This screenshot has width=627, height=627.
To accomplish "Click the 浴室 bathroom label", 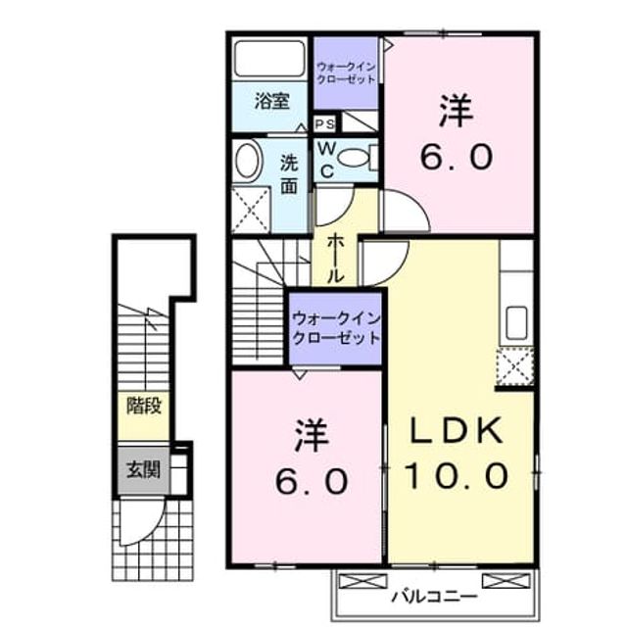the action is pos(272,102).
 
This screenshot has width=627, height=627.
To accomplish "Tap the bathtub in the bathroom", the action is pos(269,59).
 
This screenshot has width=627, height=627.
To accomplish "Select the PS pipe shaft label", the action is pos(324,124).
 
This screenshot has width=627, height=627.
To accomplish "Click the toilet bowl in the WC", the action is pos(354,157).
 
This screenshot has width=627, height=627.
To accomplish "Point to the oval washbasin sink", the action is pos(249,161).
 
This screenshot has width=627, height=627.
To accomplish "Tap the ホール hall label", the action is pos(335,260).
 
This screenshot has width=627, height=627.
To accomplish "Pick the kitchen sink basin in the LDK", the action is pos(516,322).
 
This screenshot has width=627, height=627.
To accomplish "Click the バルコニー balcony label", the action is pos(435,598).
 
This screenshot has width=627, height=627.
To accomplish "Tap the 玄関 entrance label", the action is pos(143,469).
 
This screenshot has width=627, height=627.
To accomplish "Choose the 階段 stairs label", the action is pos(144,406).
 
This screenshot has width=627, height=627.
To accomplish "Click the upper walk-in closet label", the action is pos(346,72).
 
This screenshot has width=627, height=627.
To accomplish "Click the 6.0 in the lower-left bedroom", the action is pos(312,482).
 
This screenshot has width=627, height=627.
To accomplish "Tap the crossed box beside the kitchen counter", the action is pos(515,366).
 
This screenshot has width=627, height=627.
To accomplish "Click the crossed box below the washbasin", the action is pos(251,211).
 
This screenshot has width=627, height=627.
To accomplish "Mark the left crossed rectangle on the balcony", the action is pos(362,581).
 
